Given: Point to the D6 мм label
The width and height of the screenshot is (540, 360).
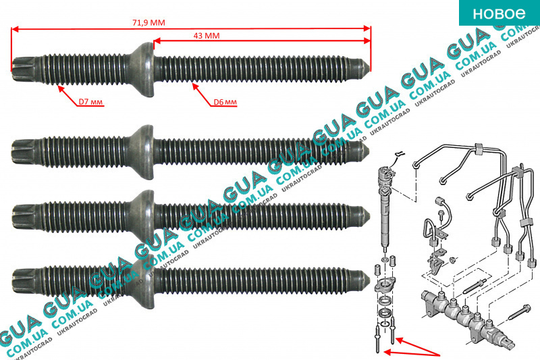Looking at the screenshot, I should (223, 102).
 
